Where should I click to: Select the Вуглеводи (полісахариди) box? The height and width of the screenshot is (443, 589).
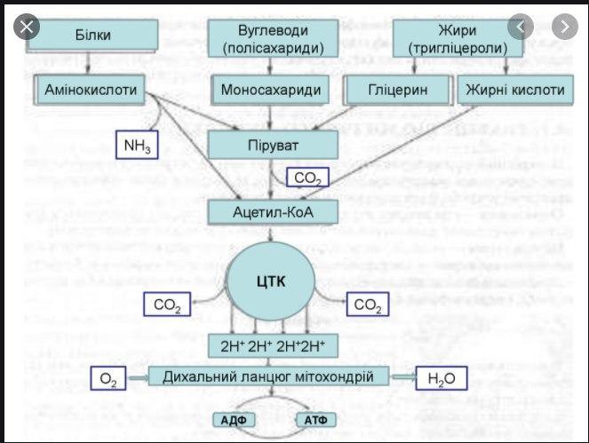pyautogui.click(x=273, y=35)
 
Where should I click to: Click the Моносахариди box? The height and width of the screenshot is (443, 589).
pyautogui.click(x=273, y=90)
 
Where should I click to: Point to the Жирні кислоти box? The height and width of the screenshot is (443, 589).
pyautogui.click(x=514, y=90)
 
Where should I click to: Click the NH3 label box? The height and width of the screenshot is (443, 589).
pyautogui.click(x=136, y=145)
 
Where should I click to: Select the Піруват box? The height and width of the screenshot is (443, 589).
pyautogui.click(x=273, y=144)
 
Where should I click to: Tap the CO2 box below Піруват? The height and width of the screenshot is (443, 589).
pyautogui.click(x=308, y=178)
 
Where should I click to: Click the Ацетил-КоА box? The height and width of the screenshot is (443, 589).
pyautogui.click(x=273, y=212)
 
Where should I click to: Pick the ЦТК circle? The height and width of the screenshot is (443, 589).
pyautogui.click(x=273, y=281)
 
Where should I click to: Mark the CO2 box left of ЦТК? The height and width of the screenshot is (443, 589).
pyautogui.click(x=166, y=305)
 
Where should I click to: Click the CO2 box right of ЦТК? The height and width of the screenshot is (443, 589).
pyautogui.click(x=367, y=305)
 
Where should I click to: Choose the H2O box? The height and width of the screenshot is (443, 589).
pyautogui.click(x=441, y=379)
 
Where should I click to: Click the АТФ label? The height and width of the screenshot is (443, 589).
pyautogui.click(x=317, y=420)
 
